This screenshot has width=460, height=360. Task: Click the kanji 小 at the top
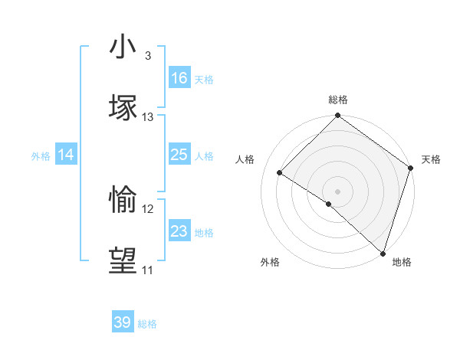coord(123,47)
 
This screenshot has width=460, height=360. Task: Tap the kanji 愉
coord(123,199)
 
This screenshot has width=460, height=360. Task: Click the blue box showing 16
coord(179,78)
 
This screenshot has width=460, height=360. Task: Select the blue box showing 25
coord(179,155)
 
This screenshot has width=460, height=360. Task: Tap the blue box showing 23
coord(179,231)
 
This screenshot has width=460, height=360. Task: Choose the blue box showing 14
coord(66,155)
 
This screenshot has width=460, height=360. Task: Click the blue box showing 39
coord(123,322)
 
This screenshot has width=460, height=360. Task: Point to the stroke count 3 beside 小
coord(147,56)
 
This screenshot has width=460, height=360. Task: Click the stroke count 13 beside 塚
coord(148,117)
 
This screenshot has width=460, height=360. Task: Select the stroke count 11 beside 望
coord(148,270)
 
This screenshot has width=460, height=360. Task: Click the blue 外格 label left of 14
coord(41,156)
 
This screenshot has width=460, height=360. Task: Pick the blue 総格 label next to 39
coord(147,324)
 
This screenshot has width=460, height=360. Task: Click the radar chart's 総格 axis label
coord(338,100)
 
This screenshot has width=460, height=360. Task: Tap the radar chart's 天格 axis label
coord(431,159)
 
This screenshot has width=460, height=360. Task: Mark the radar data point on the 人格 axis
coord(280,173)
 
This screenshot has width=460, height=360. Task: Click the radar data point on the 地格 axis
coord(383,253)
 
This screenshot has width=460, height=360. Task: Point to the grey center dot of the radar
coord(338,191)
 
